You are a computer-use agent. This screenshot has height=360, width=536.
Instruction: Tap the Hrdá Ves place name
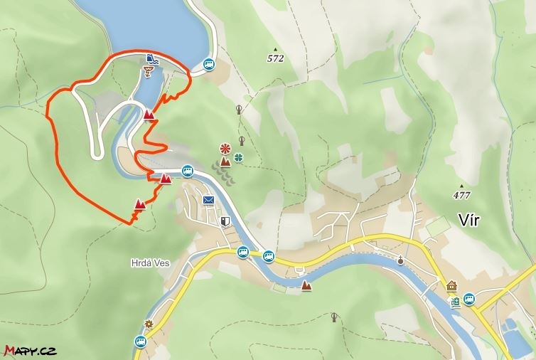coord(150,262)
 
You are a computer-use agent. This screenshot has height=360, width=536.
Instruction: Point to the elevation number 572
coord(276,58)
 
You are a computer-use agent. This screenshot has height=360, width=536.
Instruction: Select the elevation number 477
coord(461,194)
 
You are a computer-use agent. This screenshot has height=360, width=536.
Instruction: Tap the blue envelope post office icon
coord(208,200)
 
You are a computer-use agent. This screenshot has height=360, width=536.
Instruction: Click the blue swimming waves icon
coord(151,58)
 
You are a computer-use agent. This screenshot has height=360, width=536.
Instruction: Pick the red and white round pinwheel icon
coord(225,149)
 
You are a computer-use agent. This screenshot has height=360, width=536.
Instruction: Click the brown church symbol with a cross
coord(401,260)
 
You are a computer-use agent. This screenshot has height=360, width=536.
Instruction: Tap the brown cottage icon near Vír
coord(451,286)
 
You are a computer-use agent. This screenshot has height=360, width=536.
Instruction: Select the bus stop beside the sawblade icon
coord(140,341)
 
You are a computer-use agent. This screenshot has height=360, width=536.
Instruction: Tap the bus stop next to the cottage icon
coord(468,299)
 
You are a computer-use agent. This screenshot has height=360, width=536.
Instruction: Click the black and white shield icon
coord(225,221)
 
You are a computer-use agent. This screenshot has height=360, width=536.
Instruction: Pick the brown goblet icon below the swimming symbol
coord(148,70)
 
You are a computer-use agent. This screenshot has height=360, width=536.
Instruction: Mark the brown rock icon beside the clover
coord(225,162)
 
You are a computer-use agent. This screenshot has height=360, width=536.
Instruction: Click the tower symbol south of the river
coord(335,317)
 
